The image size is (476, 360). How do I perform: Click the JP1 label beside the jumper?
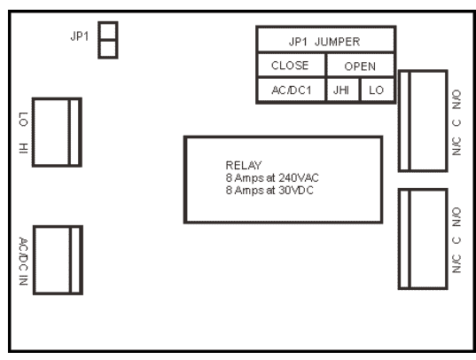(80, 36)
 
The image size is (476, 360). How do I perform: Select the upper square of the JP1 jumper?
(108, 31)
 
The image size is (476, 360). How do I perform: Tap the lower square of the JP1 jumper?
(108, 49)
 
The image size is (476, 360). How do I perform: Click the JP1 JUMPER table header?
(324, 42)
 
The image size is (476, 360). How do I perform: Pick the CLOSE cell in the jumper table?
(290, 66)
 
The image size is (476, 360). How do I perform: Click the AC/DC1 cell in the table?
(292, 90)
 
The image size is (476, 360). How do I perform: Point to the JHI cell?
(341, 90)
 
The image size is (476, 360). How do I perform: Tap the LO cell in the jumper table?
(377, 90)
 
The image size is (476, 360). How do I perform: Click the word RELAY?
(244, 165)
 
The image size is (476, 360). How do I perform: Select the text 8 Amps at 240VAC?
(272, 177)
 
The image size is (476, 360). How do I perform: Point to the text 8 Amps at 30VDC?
(269, 190)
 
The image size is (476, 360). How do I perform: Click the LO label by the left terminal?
(23, 119)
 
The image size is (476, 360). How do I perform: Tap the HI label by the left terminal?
(23, 148)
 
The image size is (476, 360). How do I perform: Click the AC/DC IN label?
(23, 262)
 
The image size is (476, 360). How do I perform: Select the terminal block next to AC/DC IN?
(58, 260)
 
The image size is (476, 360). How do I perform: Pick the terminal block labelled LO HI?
(57, 132)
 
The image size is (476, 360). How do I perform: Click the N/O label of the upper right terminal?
(456, 99)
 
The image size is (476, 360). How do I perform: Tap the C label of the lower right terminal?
(456, 240)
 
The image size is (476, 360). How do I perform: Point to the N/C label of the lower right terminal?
(456, 263)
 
